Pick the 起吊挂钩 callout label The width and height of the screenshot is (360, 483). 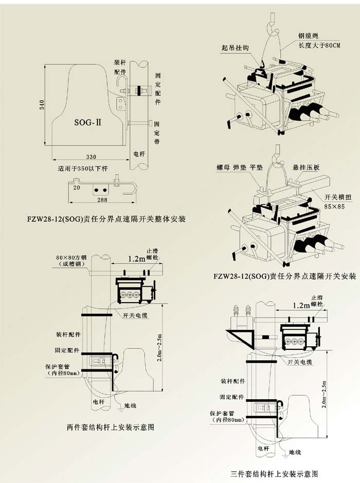tap(235, 47)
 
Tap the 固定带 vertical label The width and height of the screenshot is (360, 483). tap(157, 132)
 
